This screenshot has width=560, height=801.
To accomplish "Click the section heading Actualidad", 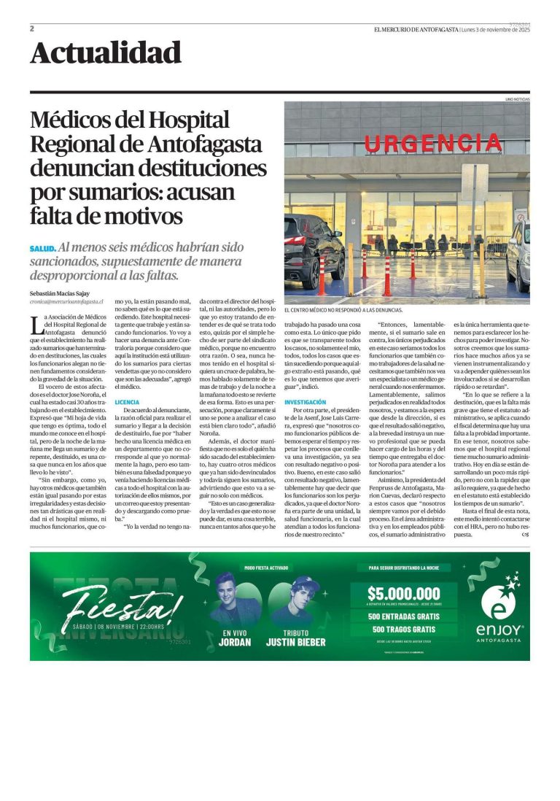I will pos(106,53).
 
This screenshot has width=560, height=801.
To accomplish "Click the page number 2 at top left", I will pos(33,29).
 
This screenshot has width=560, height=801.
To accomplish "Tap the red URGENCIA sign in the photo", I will pos(443,143).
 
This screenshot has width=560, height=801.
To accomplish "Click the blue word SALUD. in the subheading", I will pos(42,249).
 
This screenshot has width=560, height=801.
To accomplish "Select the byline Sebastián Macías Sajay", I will pos(60,293).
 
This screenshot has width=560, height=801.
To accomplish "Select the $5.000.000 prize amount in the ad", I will pos(403,594).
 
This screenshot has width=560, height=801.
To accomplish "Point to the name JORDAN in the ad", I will pos(235,642).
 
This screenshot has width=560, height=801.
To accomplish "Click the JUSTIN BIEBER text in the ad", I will pos(296,642).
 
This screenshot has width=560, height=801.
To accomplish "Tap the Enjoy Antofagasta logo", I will pos(499,610).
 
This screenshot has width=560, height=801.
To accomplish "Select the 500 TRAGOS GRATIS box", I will pos(403,629).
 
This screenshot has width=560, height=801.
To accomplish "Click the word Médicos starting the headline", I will pos(77,120).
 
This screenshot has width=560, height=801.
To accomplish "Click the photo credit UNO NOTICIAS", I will pos(517,98).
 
